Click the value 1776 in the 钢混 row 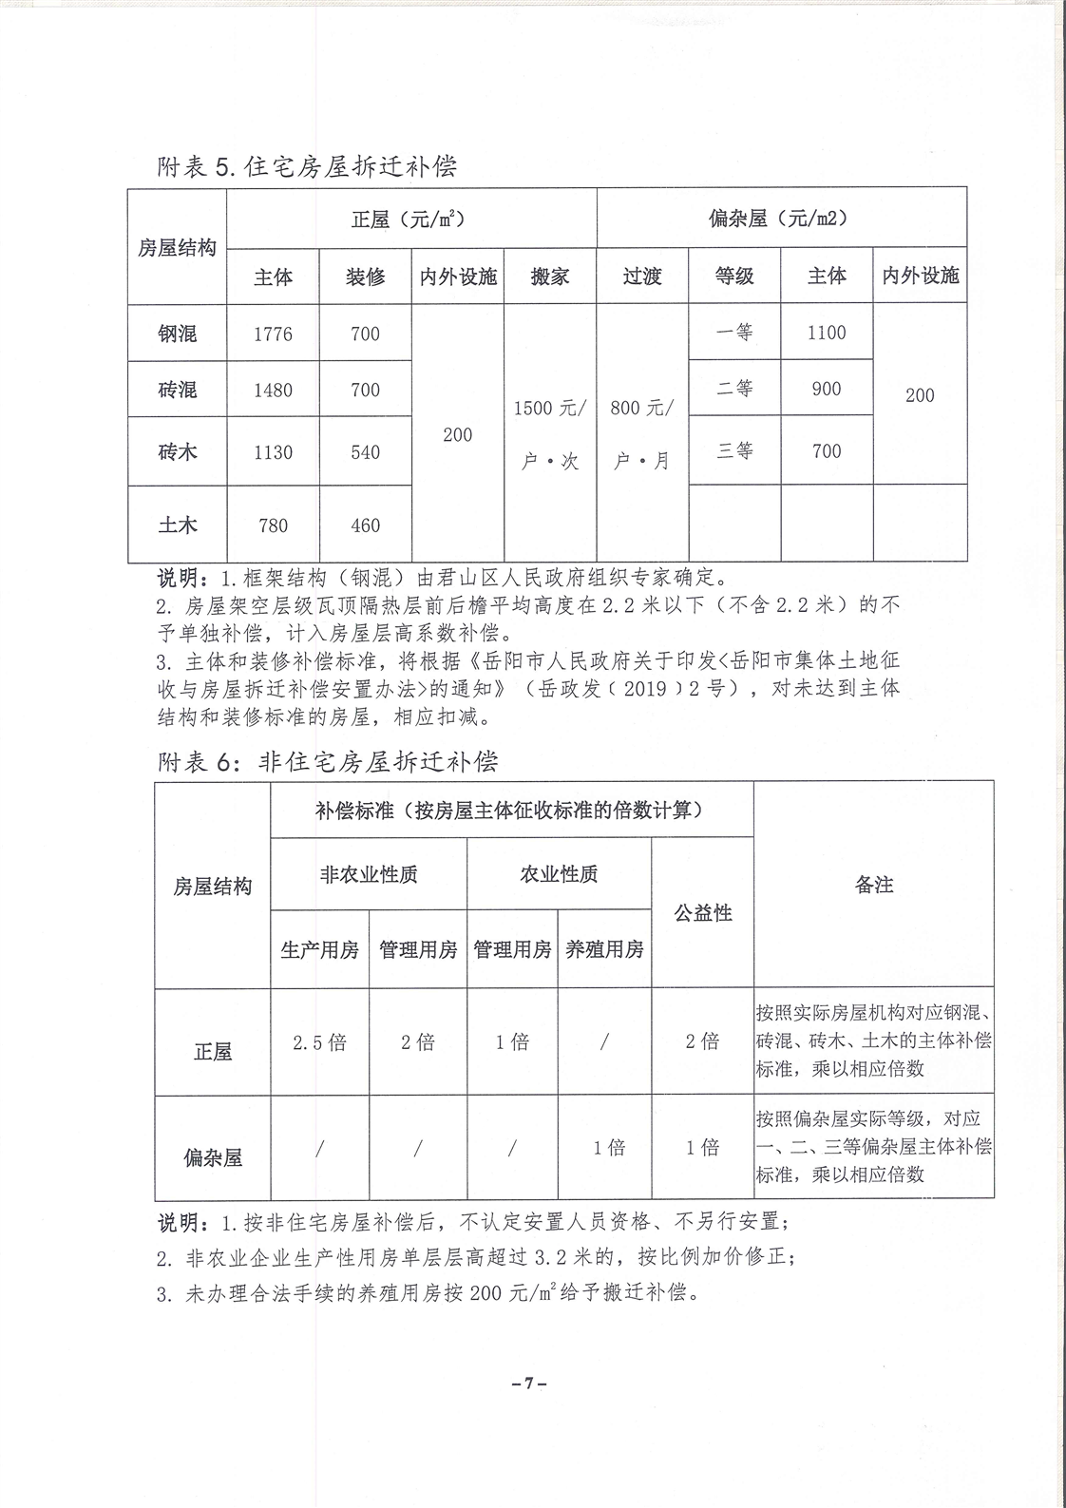(x=273, y=334)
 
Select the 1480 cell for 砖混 (x=273, y=391)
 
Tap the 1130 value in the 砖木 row (x=273, y=452)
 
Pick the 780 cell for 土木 (x=273, y=525)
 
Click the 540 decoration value (x=365, y=452)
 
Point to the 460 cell (x=365, y=525)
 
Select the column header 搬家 (x=550, y=277)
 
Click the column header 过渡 (x=642, y=277)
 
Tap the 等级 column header (x=734, y=277)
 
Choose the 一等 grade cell (x=734, y=333)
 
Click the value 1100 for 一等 (x=827, y=333)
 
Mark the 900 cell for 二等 (x=827, y=389)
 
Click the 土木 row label (x=178, y=525)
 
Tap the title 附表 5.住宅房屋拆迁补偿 (x=307, y=167)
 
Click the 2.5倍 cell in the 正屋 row (x=319, y=1042)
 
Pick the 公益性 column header (x=703, y=913)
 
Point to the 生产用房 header (x=319, y=949)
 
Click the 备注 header (x=874, y=885)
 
